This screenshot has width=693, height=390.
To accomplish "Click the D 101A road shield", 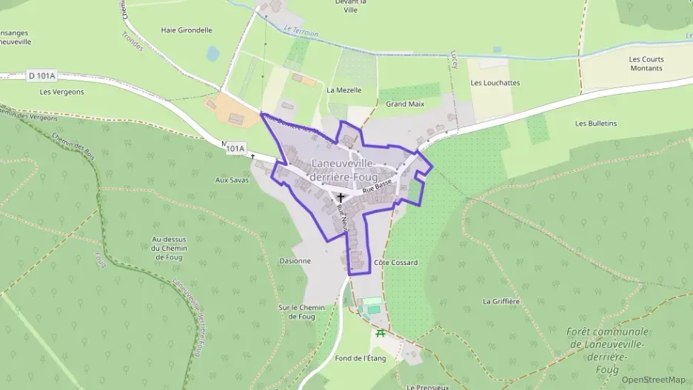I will tap(42, 75).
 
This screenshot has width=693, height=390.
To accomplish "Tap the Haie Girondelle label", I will tap(187, 30).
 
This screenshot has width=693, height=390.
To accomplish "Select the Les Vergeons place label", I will tap(62, 92).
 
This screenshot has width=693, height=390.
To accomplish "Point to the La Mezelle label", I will tap(344, 90).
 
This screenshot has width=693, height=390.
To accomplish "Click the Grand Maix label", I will tap(405, 104).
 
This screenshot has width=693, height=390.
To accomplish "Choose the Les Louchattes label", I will tap(495, 83).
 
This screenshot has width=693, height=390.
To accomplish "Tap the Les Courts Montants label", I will tap(646, 64).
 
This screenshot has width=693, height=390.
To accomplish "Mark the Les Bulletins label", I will tap(596, 123).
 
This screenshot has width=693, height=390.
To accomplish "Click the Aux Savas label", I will tap(232, 180).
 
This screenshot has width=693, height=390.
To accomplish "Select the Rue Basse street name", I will tap(377, 189).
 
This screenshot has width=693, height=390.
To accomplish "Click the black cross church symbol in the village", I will tap(341, 198).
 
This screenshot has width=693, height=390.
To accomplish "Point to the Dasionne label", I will tap(295, 261).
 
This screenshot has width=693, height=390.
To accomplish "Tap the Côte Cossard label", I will tap(396, 263).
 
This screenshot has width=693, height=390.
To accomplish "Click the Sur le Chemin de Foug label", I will tap(301, 312).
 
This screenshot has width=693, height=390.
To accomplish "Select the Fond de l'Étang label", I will tap(361, 358).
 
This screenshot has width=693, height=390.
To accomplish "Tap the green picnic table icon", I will tap(381, 333).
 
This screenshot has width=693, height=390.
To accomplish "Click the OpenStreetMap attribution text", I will tap(654, 380).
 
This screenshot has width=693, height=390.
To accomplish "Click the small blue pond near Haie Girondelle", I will tap(213, 53).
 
